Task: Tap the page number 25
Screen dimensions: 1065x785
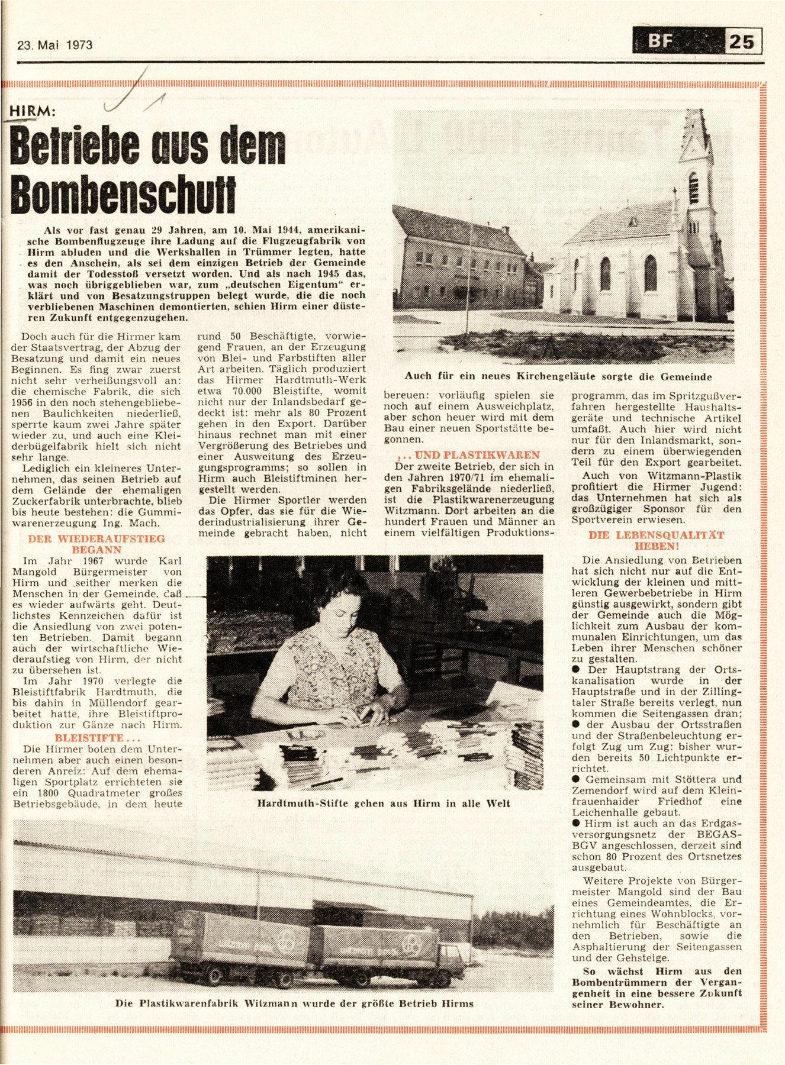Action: coord(742,42)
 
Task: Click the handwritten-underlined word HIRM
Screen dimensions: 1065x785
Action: coord(33,112)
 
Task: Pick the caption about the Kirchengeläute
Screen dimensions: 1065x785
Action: coord(558,376)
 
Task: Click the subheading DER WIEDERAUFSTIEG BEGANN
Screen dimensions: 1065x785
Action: coord(96,544)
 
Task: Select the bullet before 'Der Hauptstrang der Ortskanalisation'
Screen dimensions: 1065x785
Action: coord(576,670)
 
